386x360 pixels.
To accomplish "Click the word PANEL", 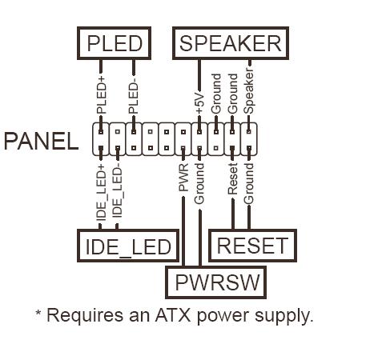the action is [x=41, y=141].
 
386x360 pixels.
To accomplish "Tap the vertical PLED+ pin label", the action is [x=101, y=95].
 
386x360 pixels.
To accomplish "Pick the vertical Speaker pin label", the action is [x=248, y=91].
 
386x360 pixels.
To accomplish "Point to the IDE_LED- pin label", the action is [x=117, y=191].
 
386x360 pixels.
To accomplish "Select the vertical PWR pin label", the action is [x=183, y=178].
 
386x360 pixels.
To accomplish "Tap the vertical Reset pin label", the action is [x=232, y=179].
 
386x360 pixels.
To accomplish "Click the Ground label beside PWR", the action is [x=199, y=184].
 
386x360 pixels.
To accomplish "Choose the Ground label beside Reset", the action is [x=248, y=184].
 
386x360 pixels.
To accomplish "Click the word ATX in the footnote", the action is [x=173, y=315].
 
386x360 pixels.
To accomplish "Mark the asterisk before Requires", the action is [x=38, y=313].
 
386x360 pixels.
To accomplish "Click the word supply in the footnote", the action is [x=283, y=317].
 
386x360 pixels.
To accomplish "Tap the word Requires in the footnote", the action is [x=85, y=316].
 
